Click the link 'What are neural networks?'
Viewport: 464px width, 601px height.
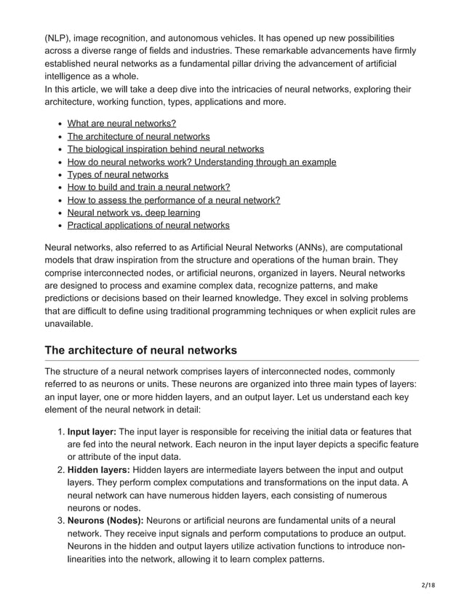[121, 124]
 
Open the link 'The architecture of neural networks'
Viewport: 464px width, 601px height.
[138, 137]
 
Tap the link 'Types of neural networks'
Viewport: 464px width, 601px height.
[118, 175]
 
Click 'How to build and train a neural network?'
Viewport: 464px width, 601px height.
[148, 187]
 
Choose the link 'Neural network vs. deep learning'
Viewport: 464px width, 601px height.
[134, 212]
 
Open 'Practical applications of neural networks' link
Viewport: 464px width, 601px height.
[148, 226]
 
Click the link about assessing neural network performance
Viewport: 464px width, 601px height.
[173, 200]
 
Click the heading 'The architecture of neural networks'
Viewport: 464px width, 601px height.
[140, 350]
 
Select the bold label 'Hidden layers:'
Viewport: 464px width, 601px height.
[98, 470]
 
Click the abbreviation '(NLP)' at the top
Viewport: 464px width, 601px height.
[58, 38]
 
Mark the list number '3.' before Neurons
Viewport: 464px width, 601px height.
[60, 521]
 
